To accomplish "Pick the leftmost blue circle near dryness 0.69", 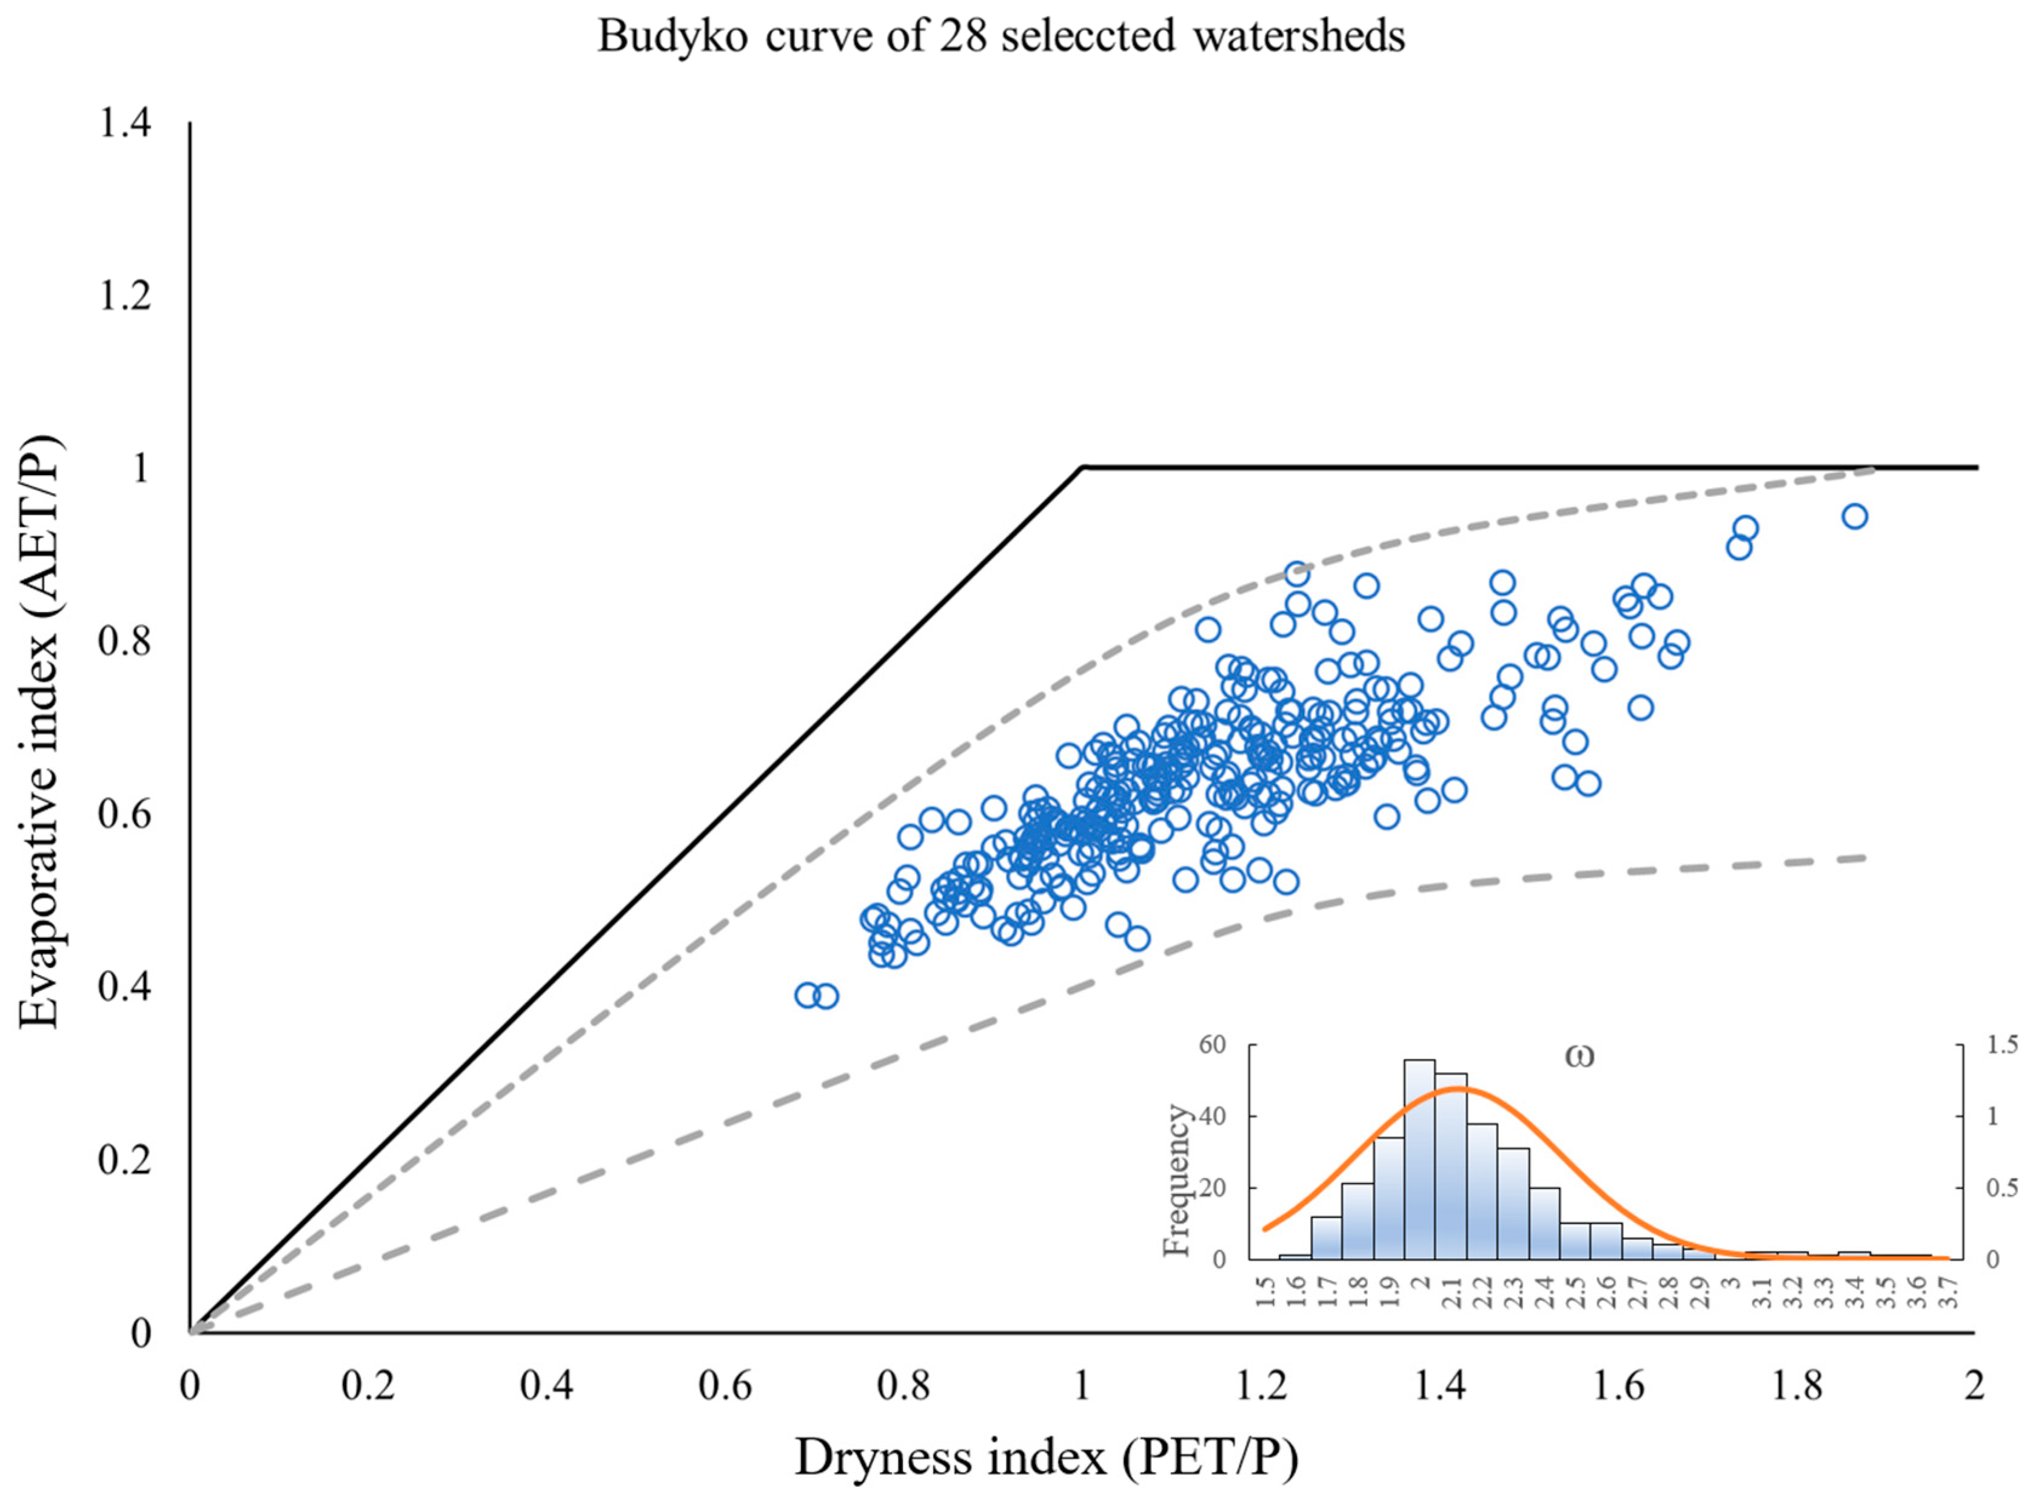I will (807, 995).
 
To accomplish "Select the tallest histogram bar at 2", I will (1419, 1160).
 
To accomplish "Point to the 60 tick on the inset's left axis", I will (1213, 1044).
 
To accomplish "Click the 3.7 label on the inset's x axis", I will (1948, 1290).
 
